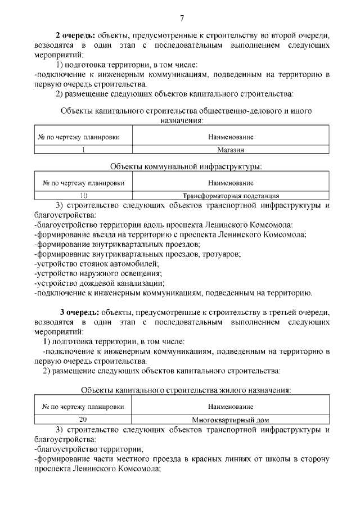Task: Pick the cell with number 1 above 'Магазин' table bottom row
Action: [x=84, y=150]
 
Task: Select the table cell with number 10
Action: [x=84, y=196]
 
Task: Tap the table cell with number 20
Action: [x=84, y=420]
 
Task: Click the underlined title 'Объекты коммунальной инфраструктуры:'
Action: [x=186, y=166]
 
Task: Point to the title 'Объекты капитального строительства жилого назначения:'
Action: [x=186, y=390]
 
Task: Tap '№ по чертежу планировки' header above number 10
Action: [x=84, y=183]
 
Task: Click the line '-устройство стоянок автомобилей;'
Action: [x=97, y=263]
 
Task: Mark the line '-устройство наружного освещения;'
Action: [x=98, y=273]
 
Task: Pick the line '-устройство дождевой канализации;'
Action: [x=99, y=283]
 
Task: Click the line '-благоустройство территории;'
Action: [x=89, y=449]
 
